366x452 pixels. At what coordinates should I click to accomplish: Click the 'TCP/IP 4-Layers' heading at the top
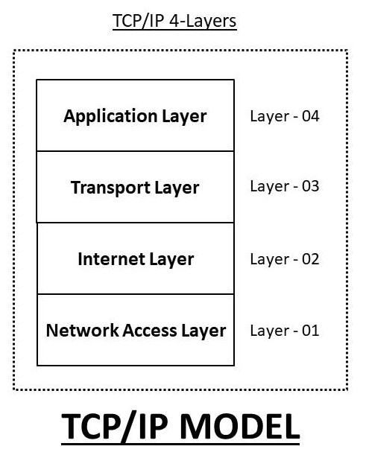[174, 21]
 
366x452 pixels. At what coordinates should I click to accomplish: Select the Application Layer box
[135, 116]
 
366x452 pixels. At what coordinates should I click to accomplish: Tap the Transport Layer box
[135, 187]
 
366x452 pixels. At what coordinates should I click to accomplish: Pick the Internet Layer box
[135, 259]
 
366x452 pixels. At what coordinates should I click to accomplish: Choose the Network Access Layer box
[135, 330]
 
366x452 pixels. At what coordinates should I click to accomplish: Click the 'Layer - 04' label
[284, 117]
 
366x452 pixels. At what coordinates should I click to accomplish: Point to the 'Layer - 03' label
[284, 186]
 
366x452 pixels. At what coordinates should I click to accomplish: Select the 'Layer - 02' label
[284, 259]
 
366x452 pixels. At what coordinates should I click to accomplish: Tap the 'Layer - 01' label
[284, 330]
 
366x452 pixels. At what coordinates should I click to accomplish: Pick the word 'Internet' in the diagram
[112, 259]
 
